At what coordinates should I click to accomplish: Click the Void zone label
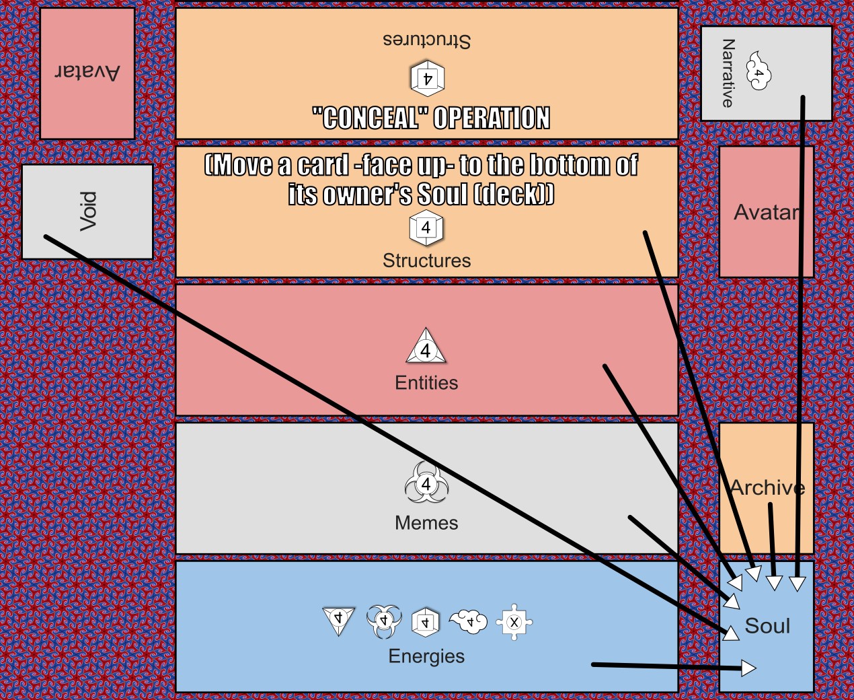pos(88,211)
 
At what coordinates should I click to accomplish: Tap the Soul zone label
pos(767,626)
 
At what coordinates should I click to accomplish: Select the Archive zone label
pos(767,487)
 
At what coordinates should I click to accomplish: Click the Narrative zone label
pos(728,73)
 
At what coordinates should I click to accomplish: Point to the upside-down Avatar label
pos(87,72)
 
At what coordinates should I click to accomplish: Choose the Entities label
pos(426,383)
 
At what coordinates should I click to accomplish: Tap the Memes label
pos(426,523)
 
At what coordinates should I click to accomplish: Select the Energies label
pos(426,656)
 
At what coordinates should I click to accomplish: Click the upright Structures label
pos(426,260)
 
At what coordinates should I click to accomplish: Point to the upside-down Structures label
pos(426,40)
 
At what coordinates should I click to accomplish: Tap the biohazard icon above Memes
pos(426,484)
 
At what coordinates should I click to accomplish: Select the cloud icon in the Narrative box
pos(759,71)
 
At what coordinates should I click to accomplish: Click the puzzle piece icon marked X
pos(514,622)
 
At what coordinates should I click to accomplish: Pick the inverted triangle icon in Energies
pos(339,620)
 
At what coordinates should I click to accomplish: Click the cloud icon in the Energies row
pos(469,621)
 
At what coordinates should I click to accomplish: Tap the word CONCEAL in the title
pos(370,118)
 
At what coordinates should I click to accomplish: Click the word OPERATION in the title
pos(492,118)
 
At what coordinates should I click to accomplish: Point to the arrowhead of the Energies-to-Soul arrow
pos(748,668)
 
